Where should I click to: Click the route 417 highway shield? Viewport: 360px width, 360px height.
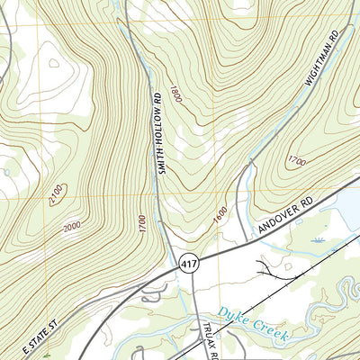click(x=189, y=264)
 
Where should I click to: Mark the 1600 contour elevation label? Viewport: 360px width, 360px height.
click(x=220, y=217)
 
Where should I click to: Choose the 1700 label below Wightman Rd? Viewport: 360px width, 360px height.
click(x=296, y=162)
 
